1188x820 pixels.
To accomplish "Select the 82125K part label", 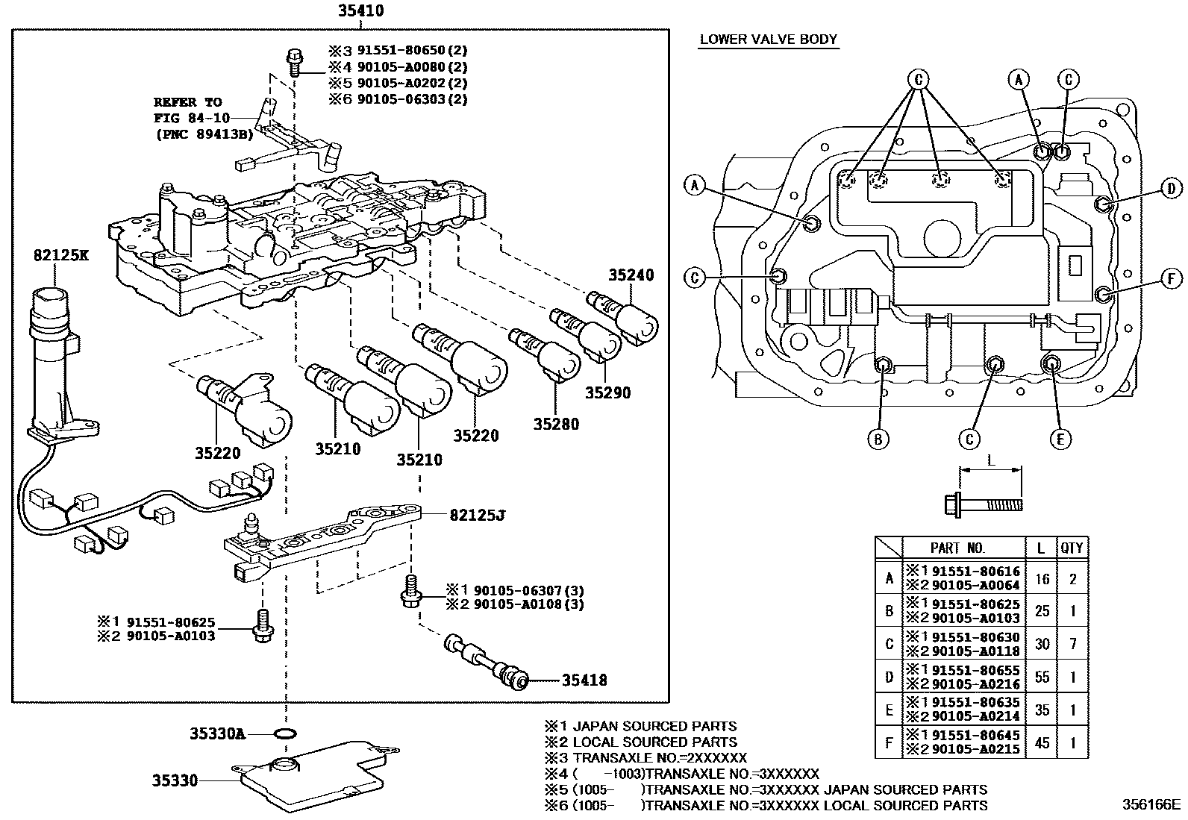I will [x=60, y=255].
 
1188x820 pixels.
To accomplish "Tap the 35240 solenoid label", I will [x=630, y=275].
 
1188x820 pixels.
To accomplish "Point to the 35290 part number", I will [x=607, y=392].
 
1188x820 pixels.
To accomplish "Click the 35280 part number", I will [x=556, y=424].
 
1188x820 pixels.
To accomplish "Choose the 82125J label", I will [x=477, y=514].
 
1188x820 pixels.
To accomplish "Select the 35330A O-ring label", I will [x=216, y=733].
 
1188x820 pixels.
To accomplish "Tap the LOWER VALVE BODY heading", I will [x=768, y=40].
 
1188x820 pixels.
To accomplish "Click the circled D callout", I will [x=1171, y=190].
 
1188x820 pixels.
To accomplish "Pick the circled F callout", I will [x=1171, y=279].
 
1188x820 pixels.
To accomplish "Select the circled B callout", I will [x=878, y=439].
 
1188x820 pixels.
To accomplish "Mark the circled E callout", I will [x=1060, y=439].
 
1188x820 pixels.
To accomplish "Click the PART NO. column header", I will [x=957, y=548].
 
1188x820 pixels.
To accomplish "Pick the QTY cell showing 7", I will [x=1072, y=643].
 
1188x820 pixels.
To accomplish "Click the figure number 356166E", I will [x=1153, y=805].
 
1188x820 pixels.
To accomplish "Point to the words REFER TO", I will [x=187, y=102].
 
